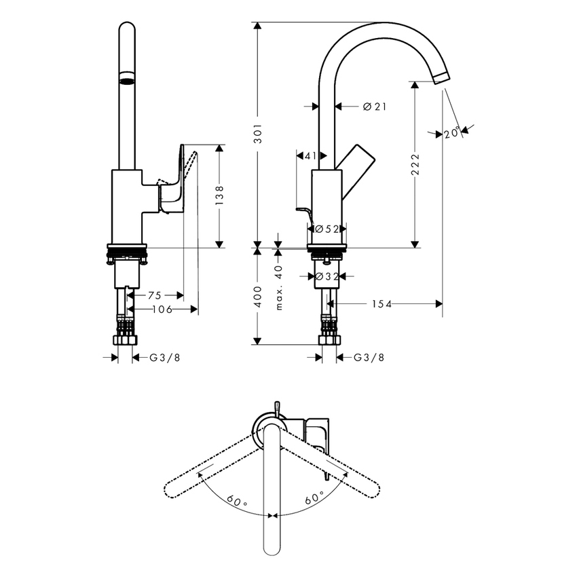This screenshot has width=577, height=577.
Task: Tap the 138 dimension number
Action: click(x=219, y=196)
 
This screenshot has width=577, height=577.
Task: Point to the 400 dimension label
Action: click(x=257, y=297)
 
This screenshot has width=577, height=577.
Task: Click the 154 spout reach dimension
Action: click(x=382, y=304)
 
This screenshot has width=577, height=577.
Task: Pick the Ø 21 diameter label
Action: click(x=374, y=107)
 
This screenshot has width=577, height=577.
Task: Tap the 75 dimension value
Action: click(x=155, y=295)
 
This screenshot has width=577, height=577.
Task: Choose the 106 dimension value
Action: click(x=160, y=310)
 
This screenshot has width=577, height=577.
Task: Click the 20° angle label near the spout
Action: click(x=453, y=132)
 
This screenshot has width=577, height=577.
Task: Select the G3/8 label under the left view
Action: click(x=165, y=357)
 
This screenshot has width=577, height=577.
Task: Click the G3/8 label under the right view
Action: click(x=371, y=357)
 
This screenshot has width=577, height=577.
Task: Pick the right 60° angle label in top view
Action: click(x=314, y=498)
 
